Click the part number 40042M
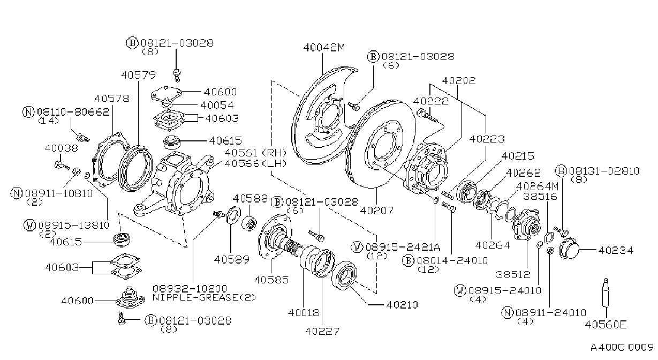click(324, 47)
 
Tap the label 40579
click(138, 75)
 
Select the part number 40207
click(376, 210)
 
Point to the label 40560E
click(606, 325)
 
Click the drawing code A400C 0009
click(622, 347)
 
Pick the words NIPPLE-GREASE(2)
click(204, 297)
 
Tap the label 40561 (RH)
click(255, 153)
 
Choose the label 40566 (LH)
click(255, 163)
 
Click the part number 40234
click(616, 250)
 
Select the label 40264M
click(538, 186)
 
